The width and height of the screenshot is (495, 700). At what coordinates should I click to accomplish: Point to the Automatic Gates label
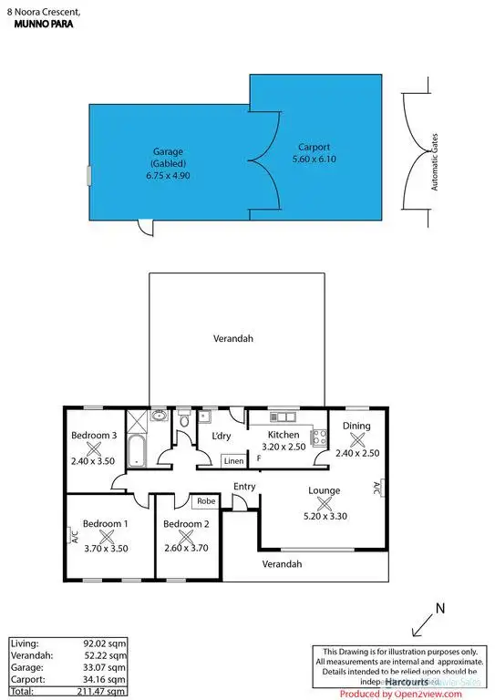pyautogui.click(x=435, y=163)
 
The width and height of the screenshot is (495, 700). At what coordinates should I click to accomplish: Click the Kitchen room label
pyautogui.click(x=283, y=435)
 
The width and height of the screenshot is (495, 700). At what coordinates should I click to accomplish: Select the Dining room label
pyautogui.click(x=356, y=426)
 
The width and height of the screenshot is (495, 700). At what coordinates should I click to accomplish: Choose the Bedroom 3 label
pyautogui.click(x=94, y=436)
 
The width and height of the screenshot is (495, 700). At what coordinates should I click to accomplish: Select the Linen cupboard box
pyautogui.click(x=234, y=461)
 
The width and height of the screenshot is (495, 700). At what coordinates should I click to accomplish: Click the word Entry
pyautogui.click(x=244, y=487)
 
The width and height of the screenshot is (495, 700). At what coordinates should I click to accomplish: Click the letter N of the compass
pyautogui.click(x=439, y=608)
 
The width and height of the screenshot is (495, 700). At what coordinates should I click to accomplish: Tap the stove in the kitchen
pyautogui.click(x=319, y=436)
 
